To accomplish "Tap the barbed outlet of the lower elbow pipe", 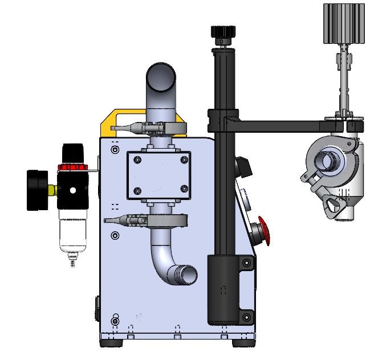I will tap(186, 276).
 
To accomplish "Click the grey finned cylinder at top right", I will tap(343, 23).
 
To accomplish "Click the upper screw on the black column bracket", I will tap(246, 263).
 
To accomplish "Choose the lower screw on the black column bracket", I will tap(246, 317).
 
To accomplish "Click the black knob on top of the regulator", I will tap(72, 152).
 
